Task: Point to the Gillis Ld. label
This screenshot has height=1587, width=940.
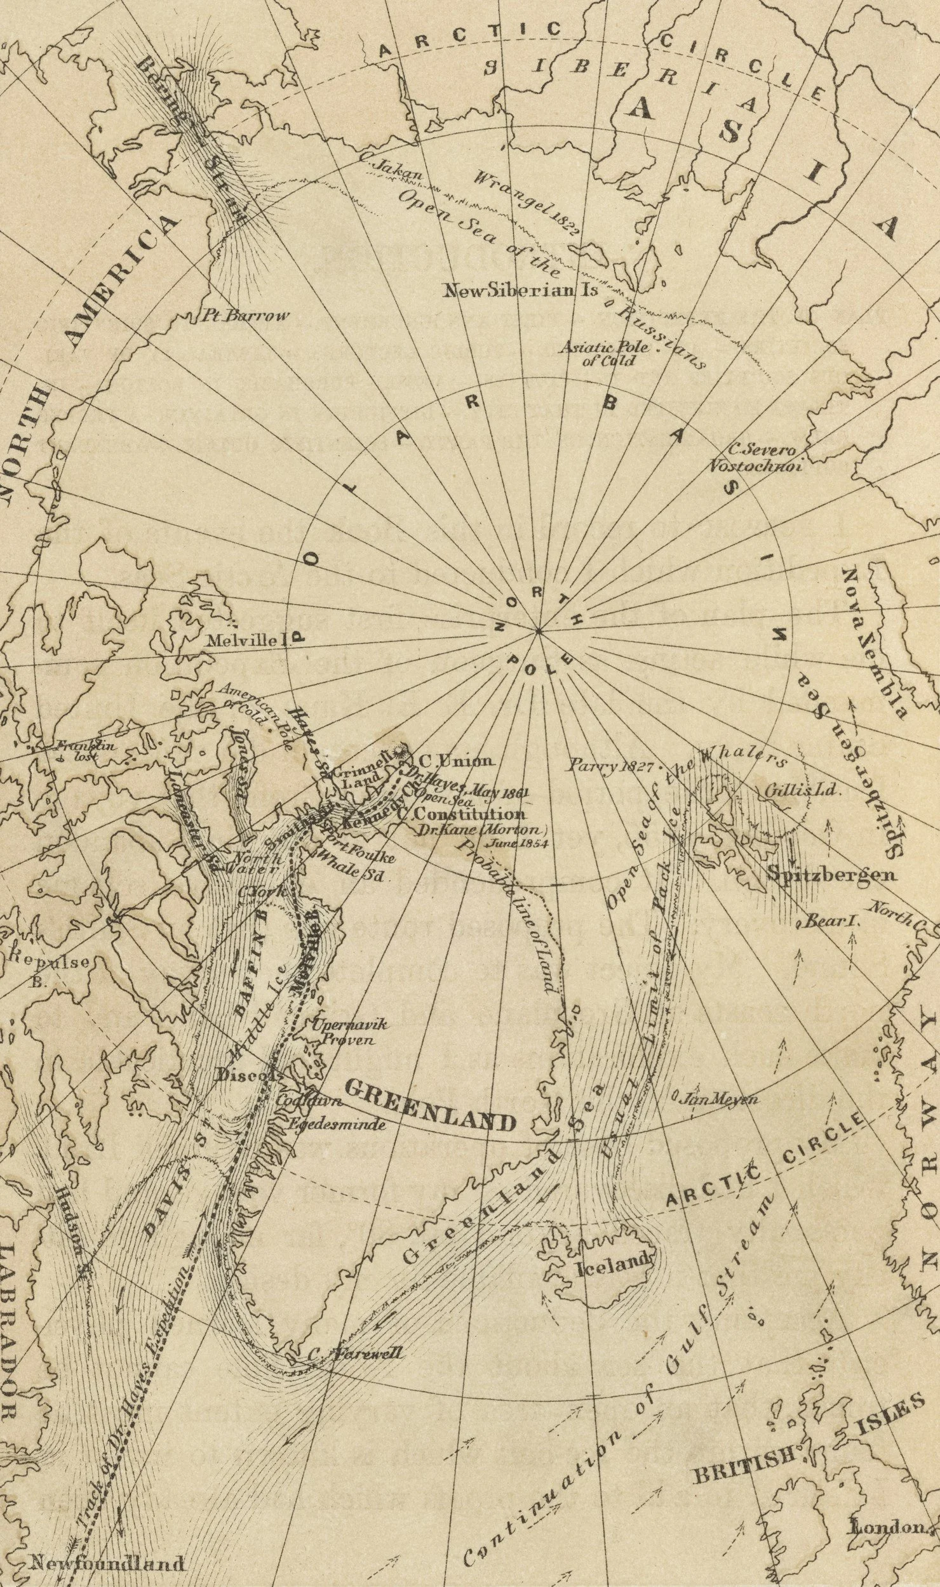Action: point(802,792)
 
